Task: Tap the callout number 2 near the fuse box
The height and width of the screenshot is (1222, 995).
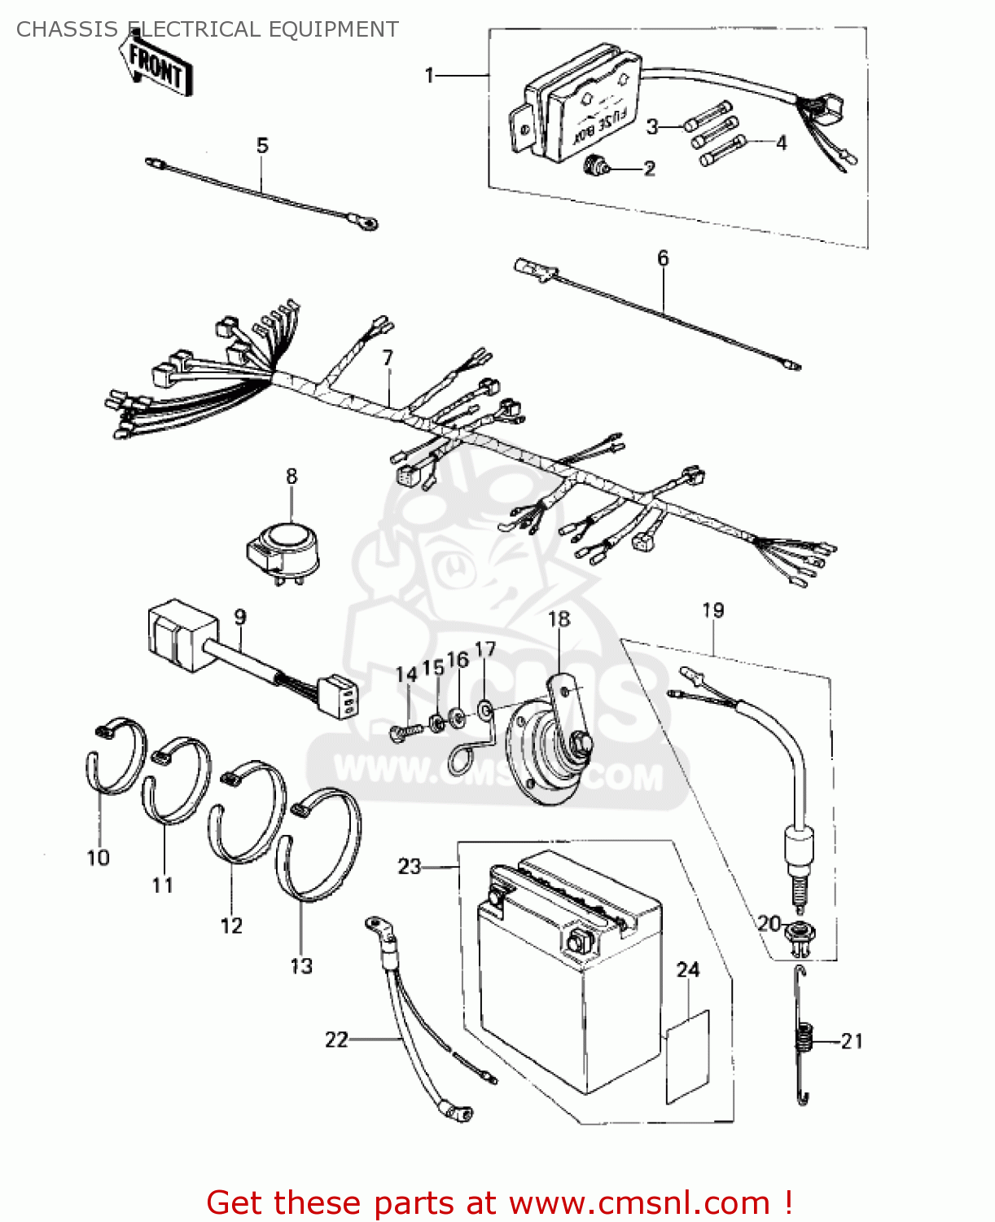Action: click(649, 169)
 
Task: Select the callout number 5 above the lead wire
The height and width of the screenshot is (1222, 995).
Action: click(262, 146)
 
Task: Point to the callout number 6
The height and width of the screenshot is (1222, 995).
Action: click(663, 258)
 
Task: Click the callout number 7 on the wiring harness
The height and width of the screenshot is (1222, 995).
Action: click(388, 358)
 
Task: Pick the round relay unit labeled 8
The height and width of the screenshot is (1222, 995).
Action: click(283, 548)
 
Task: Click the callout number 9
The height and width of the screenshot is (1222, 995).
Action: click(240, 618)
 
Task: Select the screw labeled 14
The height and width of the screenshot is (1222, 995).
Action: click(406, 732)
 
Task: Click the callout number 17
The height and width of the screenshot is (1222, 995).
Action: click(485, 649)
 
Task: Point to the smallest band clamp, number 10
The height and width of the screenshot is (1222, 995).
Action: click(116, 755)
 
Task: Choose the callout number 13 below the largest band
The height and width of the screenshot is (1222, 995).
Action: click(301, 966)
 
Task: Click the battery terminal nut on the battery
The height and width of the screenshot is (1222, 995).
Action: click(576, 943)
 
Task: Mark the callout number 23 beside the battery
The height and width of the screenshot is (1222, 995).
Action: click(409, 866)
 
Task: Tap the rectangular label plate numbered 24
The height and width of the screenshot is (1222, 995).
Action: click(688, 1057)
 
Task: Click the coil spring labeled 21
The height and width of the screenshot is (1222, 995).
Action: click(805, 1040)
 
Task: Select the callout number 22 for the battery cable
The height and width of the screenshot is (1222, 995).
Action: click(336, 1040)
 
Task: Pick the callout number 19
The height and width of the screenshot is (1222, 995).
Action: click(712, 610)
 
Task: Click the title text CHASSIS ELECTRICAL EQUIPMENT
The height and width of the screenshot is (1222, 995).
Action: click(208, 29)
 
